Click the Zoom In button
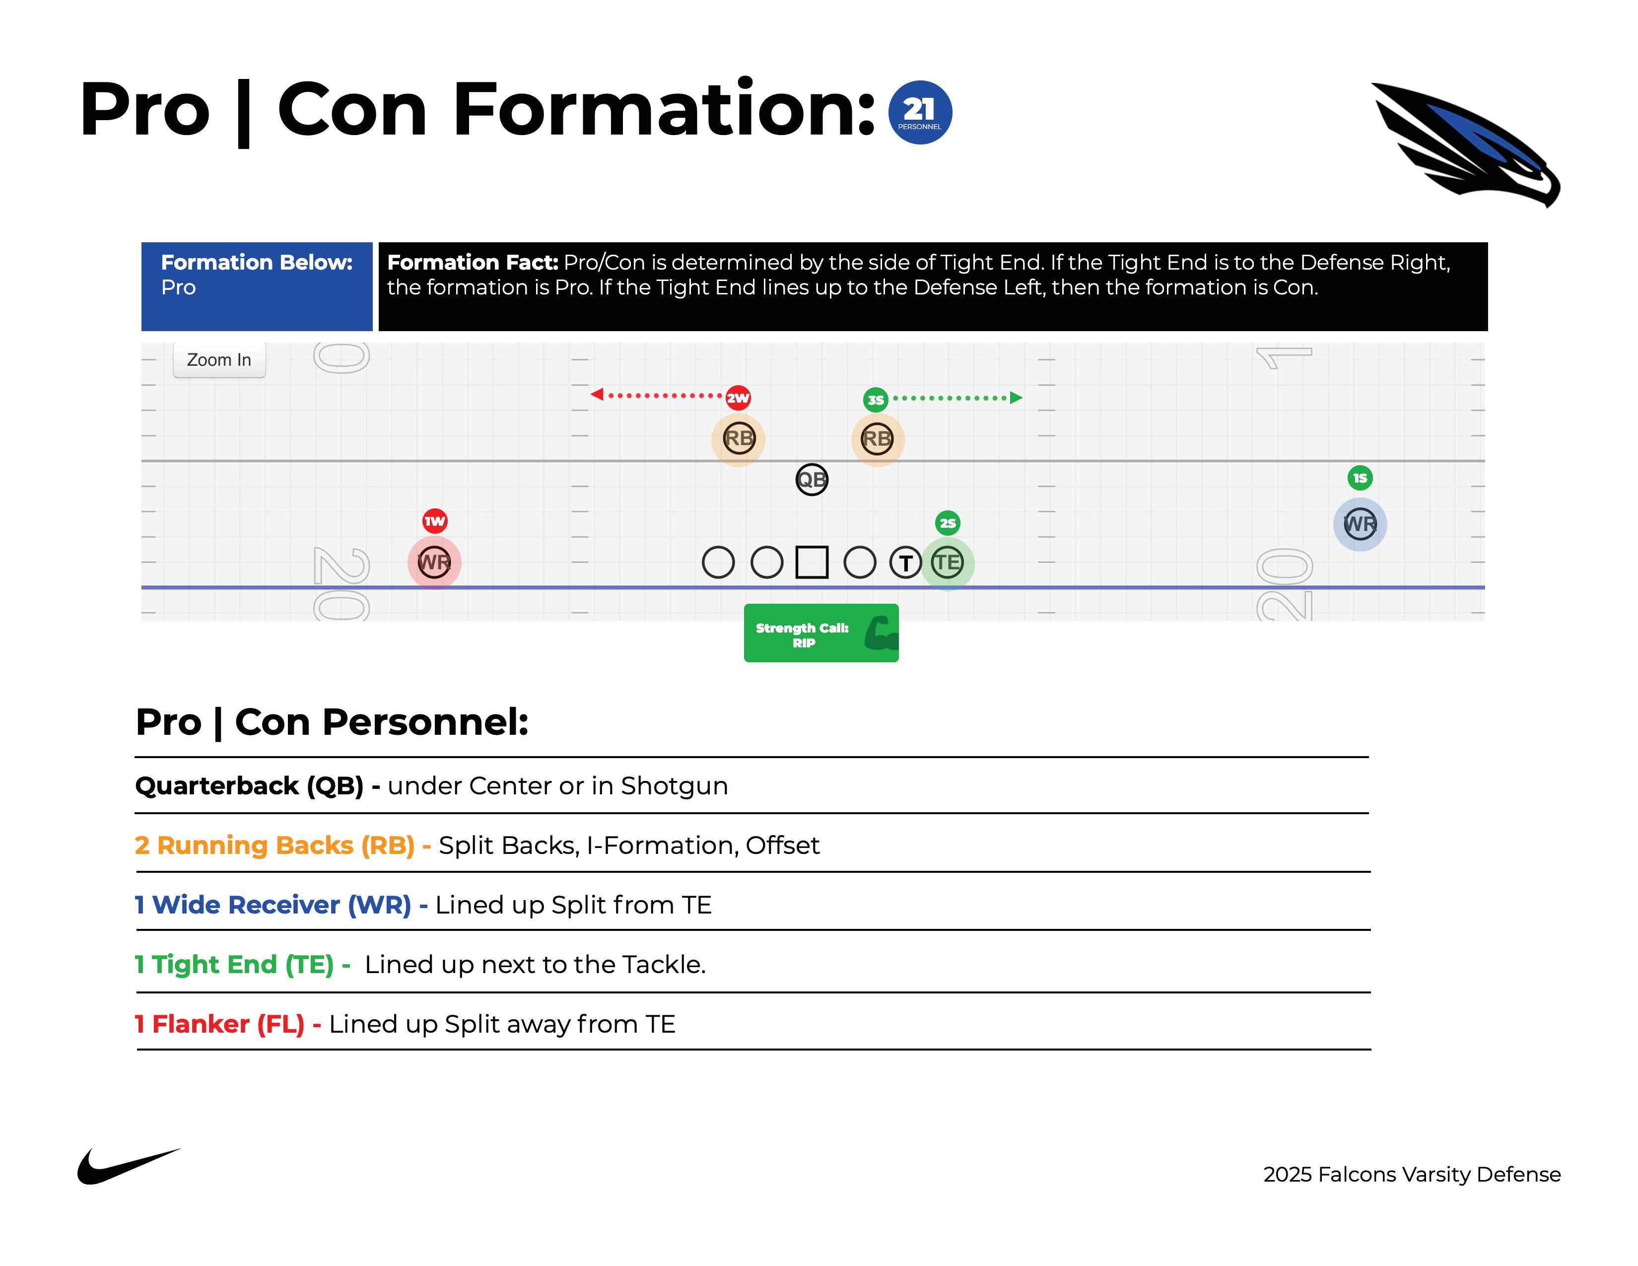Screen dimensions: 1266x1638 pos(219,360)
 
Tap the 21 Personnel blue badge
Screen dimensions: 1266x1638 pos(919,113)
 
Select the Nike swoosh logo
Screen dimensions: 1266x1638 pos(128,1166)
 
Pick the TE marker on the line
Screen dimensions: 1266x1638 pos(947,563)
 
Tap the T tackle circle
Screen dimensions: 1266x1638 pos(905,563)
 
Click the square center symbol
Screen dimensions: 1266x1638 pos(812,563)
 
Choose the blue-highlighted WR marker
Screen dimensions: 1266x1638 pos(1360,524)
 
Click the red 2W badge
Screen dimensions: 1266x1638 pos(738,398)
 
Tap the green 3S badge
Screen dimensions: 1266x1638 pos(875,400)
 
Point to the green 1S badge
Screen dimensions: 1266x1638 pos(1360,478)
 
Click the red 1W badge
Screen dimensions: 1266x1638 pos(435,520)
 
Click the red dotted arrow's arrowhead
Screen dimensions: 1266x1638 pos(597,395)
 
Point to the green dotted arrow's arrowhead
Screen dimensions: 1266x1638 pos(1016,398)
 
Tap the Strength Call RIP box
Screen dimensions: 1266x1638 pos(820,633)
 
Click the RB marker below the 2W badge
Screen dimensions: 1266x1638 pos(738,439)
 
